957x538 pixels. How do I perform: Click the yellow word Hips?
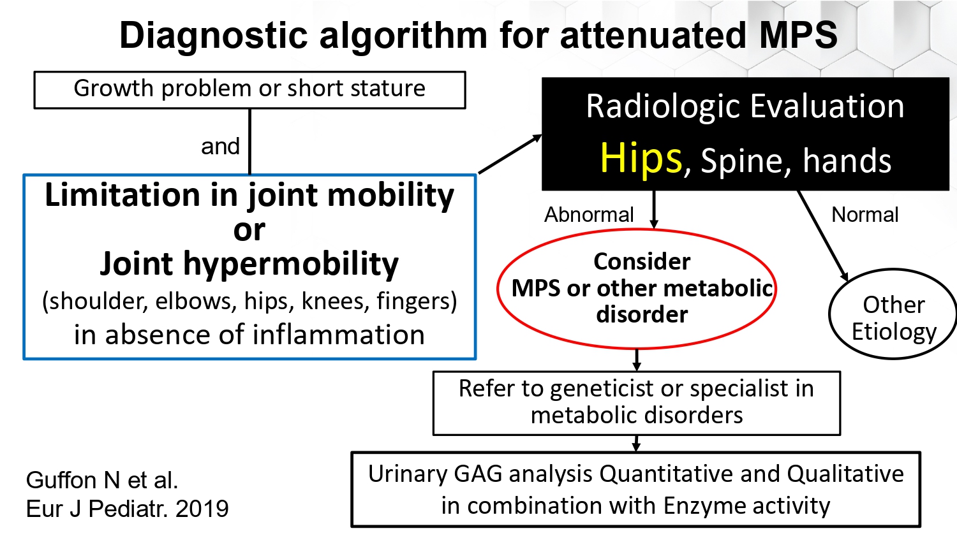[641, 159]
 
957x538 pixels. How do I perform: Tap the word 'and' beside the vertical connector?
[221, 147]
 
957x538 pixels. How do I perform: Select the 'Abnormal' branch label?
[589, 214]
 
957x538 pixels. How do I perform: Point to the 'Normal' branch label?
[865, 214]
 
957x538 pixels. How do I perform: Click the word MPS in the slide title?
[798, 35]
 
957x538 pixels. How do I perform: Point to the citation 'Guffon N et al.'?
[101, 480]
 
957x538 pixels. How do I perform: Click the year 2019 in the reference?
[202, 509]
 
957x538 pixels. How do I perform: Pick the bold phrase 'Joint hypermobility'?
[249, 264]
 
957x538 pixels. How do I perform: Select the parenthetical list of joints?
[249, 302]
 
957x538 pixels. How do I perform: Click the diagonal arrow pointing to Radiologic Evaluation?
[510, 154]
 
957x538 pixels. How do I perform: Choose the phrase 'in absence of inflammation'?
[249, 334]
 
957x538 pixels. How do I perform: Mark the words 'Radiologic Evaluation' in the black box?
[745, 106]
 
